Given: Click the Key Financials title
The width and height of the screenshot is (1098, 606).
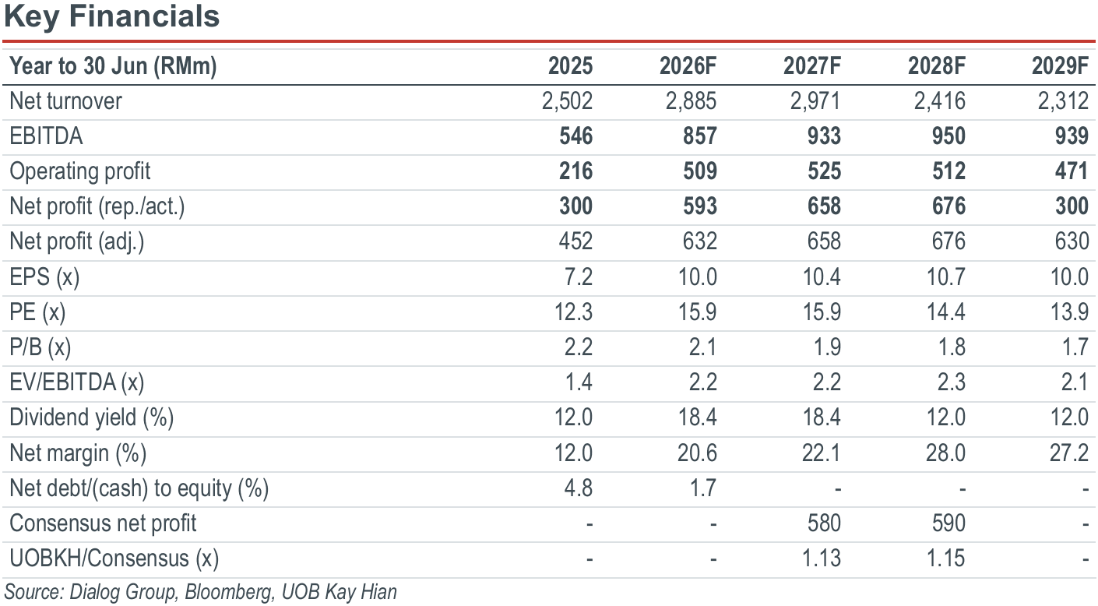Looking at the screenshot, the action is coord(112,16).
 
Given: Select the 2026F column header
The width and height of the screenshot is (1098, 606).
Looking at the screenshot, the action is coord(688,66).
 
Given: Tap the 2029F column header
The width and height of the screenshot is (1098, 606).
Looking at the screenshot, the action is coord(1060,66).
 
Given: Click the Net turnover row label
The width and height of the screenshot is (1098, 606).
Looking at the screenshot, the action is coord(65,101).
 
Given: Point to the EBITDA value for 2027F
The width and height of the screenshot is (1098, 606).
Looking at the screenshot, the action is coord(825,136).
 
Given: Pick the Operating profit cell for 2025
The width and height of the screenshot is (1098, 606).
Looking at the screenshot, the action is coord(576,171).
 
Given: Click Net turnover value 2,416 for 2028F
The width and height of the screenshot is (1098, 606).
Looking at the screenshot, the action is coord(940,101).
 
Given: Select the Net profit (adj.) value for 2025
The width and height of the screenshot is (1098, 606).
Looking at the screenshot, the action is coord(576,241).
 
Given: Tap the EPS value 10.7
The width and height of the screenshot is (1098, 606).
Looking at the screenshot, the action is coord(946,277).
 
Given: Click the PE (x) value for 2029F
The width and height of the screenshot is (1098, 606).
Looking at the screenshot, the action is coord(1069,312).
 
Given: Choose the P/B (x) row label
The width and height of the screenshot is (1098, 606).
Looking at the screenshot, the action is coord(40,347).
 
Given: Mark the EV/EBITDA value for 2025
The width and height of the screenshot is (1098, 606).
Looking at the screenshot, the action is coord(579,382).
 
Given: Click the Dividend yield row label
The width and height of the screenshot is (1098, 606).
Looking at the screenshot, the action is coord(92,418).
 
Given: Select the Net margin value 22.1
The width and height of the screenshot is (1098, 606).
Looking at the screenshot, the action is coord(822,453).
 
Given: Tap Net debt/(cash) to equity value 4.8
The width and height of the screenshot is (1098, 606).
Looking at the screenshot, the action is coord(579,488).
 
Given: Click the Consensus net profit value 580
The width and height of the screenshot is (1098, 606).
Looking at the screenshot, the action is coord(825,523).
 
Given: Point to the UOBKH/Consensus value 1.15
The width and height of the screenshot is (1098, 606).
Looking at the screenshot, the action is coord(945,558).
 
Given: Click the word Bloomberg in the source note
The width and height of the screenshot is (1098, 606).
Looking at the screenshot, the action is coord(228,592).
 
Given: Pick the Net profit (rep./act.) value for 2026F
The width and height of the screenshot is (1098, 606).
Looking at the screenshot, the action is coord(700,206).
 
